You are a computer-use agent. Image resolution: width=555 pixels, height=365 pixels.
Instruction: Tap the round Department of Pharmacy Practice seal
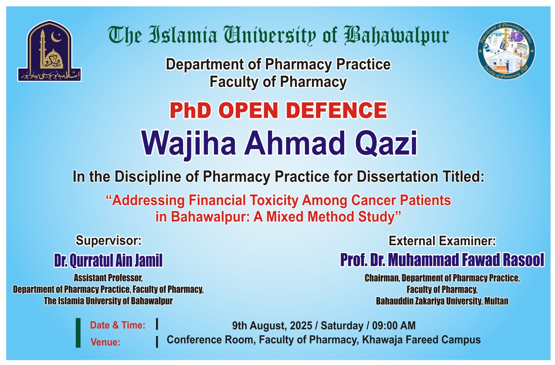click(506, 50)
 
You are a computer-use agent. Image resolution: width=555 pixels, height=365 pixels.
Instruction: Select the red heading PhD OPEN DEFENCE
click(278, 110)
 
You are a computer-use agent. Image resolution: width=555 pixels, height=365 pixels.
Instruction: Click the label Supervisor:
click(108, 240)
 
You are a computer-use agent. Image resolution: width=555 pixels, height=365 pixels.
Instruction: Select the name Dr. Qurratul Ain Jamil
click(108, 261)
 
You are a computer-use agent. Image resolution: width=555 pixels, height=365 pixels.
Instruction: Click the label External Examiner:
click(442, 241)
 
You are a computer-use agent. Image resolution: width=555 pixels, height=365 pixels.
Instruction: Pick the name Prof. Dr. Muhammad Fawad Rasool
click(442, 260)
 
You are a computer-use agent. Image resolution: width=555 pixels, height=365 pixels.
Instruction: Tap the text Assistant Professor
click(108, 278)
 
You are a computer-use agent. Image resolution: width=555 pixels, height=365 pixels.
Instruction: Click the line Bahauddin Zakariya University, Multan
click(442, 301)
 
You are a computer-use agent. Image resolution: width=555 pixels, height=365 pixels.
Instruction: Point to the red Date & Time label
click(118, 325)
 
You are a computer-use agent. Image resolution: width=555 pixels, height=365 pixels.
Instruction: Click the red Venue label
click(105, 342)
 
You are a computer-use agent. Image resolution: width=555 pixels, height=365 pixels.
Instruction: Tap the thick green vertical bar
click(78, 333)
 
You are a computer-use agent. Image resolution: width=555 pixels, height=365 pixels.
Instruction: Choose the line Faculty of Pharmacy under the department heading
click(278, 82)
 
